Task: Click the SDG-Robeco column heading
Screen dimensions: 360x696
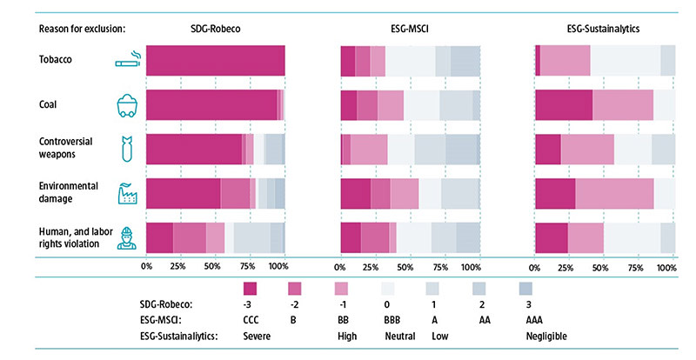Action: tap(216, 28)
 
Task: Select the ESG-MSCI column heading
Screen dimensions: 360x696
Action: tap(409, 28)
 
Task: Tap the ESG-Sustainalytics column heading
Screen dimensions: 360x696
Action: tap(605, 28)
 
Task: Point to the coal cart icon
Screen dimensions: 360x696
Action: tap(130, 105)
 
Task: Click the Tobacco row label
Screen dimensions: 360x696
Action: tap(56, 61)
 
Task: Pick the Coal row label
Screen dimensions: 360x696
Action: tap(50, 105)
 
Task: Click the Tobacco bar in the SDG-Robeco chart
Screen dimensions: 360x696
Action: tap(216, 61)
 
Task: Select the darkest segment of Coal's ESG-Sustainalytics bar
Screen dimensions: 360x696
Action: tap(564, 105)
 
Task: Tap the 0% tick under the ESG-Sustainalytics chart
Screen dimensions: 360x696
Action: tap(539, 266)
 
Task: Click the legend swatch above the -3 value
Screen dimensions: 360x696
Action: tap(250, 289)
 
